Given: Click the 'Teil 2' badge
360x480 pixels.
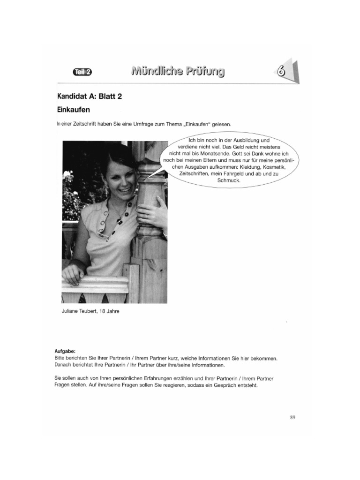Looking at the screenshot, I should (83, 72).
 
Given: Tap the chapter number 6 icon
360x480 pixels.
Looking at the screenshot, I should (281, 72).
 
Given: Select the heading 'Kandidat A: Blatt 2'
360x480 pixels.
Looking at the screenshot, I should (90, 97).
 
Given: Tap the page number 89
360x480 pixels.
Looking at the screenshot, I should (292, 416).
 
